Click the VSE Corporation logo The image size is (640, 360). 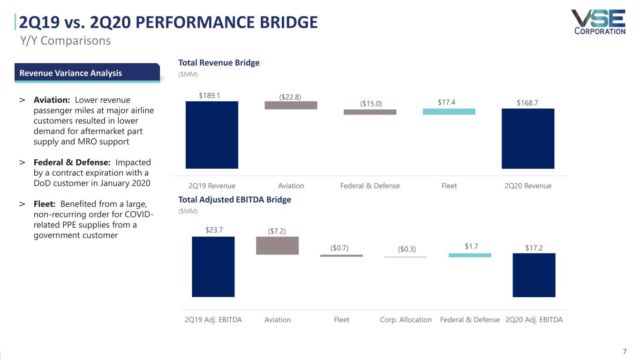coord(598,22)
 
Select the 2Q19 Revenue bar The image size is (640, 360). coord(212,135)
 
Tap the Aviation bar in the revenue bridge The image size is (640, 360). coord(291,105)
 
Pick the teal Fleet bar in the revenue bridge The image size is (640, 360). coord(449,112)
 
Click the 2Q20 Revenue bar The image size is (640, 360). coord(528,138)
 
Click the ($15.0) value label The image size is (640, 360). coord(371,104)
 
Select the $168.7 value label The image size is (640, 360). coord(527,103)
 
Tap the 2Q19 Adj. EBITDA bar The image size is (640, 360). coord(213,266)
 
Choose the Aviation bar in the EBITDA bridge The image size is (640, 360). coord(277,245)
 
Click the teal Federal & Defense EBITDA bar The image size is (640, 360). coord(470,255)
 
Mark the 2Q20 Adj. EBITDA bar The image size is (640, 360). coord(534,275)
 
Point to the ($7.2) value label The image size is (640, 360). coord(277,231)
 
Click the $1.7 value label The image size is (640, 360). coord(471,246)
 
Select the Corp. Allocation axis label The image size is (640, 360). coord(406,320)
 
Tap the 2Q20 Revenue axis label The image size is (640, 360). coord(528,186)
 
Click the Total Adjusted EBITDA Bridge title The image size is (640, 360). coord(234,200)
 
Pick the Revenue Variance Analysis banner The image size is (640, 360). coord(87,73)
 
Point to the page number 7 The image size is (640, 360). coord(625,352)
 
